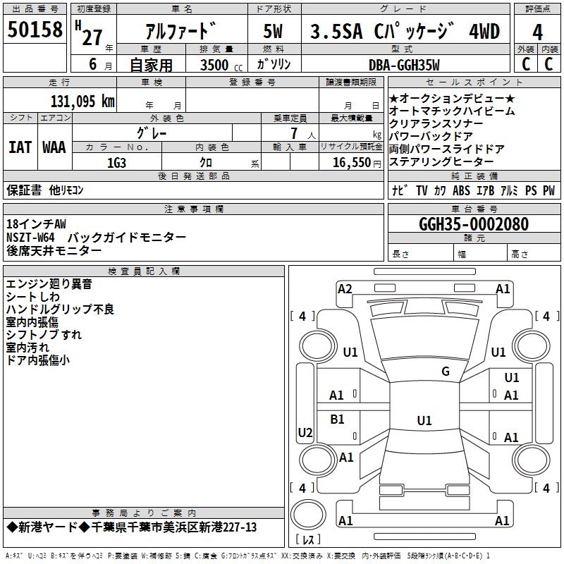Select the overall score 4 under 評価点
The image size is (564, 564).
coord(537,32)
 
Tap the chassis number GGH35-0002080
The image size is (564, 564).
coord(473,224)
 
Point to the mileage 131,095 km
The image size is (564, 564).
coord(82,102)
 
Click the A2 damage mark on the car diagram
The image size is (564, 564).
coord(345,288)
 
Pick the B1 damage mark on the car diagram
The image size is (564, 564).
coord(338,419)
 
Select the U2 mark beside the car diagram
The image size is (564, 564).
coord(305,432)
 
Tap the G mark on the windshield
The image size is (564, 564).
coord(445,372)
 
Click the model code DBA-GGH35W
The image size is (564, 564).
coord(404,66)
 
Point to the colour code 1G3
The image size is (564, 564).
coord(116,162)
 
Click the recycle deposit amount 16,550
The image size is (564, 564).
coord(350,162)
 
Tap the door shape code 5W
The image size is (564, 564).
coord(274,32)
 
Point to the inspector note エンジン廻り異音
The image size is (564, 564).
coord(49,284)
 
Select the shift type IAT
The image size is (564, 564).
coord(20,147)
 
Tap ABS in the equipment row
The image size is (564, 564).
coord(461,190)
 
